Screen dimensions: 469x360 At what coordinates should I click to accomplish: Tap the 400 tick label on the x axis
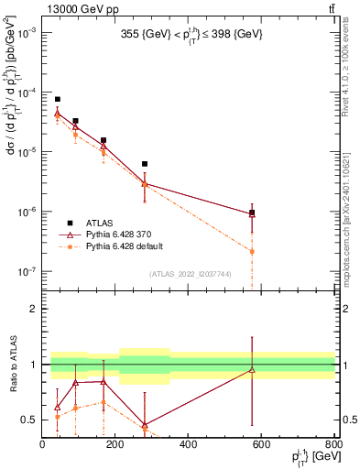pyautogui.click(x=188, y=444)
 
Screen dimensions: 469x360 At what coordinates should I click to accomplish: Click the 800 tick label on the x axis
pyautogui.click(x=333, y=444)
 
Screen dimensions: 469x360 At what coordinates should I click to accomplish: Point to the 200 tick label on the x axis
pyautogui.click(x=115, y=444)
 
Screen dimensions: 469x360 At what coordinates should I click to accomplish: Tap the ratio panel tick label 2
pyautogui.click(x=32, y=309)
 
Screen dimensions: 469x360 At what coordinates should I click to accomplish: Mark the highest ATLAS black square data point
pyautogui.click(x=57, y=99)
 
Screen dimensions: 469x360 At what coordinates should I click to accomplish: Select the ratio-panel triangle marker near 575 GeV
pyautogui.click(x=252, y=370)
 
